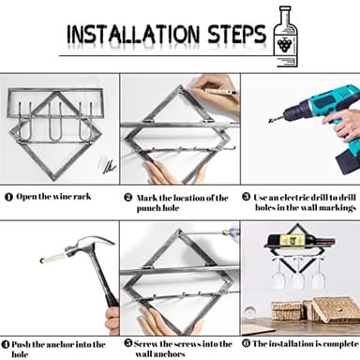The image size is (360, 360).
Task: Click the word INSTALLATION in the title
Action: [x=133, y=34]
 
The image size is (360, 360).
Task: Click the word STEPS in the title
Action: [x=236, y=34]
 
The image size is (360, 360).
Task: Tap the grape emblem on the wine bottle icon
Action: [x=285, y=44]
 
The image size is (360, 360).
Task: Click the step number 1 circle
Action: [x=8, y=197]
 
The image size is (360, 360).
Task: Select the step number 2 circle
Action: [x=128, y=198]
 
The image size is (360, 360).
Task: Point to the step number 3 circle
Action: [x=247, y=197]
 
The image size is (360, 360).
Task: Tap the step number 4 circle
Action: [x=6, y=344]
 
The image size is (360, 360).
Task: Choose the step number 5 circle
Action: [x=128, y=343]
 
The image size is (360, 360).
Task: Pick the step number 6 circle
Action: [x=247, y=343]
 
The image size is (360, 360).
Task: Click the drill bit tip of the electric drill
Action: [x=269, y=121]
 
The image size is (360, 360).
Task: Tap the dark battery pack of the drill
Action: [x=348, y=161]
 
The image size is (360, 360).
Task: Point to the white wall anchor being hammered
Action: [x=53, y=258]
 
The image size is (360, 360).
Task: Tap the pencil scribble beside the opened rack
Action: [x=109, y=166]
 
